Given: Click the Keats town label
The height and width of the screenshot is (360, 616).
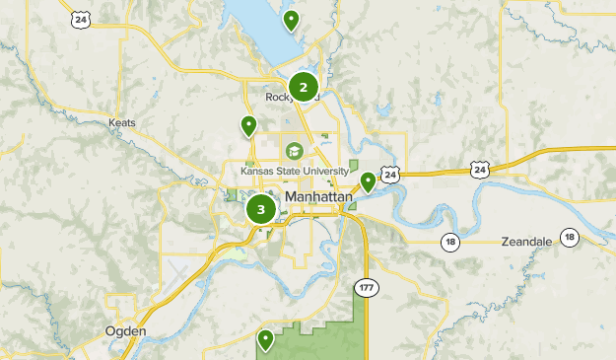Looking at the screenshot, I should [122, 123].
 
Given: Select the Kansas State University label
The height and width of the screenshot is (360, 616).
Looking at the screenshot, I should [295, 171].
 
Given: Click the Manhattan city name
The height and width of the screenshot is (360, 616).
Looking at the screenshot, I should [317, 197].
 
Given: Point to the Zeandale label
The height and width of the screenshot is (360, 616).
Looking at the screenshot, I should [524, 241].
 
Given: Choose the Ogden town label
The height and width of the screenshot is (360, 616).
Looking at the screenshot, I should [125, 331].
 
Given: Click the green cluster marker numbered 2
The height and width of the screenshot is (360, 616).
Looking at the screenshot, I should [303, 86].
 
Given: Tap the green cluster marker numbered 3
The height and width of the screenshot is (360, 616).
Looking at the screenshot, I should [261, 209].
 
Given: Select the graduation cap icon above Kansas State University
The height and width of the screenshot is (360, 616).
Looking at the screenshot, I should [294, 151].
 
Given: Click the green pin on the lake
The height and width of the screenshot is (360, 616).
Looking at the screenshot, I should [291, 20].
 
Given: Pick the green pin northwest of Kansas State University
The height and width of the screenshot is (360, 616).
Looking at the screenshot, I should [248, 126].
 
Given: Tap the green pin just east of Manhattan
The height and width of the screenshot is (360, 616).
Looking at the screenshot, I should [368, 182].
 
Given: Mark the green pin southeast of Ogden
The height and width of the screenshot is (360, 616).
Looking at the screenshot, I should [265, 340].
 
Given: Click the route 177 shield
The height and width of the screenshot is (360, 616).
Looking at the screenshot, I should [367, 288].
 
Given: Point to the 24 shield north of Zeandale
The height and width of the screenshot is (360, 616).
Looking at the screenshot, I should [480, 170].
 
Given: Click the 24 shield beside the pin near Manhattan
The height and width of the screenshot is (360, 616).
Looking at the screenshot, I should [390, 175].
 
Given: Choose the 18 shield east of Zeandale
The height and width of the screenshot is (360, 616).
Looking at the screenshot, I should [570, 237].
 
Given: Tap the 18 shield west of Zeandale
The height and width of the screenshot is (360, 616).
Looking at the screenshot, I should [450, 242].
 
